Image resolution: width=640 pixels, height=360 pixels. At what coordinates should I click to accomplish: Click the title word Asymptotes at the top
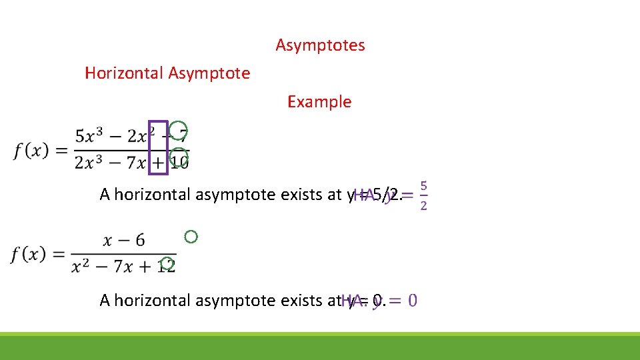coord(320,45)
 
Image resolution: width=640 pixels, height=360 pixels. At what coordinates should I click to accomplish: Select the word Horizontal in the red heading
coord(125,73)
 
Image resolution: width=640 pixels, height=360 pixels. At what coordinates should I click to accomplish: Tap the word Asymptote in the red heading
coord(209,73)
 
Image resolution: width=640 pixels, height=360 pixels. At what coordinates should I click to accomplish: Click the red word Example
coord(319,102)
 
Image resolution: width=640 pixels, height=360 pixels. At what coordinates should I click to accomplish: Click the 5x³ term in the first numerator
coord(89,137)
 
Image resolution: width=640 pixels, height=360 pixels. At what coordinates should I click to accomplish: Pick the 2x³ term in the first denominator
coord(89,163)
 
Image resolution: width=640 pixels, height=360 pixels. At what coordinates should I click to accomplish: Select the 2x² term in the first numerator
coord(141,137)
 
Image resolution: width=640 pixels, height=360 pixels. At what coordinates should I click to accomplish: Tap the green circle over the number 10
coord(178,158)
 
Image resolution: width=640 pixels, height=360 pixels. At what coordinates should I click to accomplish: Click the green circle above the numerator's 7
coord(178,129)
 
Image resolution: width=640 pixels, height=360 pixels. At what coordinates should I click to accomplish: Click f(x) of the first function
coord(31,151)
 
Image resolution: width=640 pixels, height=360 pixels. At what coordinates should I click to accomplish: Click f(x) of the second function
coord(31,255)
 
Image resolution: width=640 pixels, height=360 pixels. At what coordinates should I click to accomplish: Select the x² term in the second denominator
coord(81,266)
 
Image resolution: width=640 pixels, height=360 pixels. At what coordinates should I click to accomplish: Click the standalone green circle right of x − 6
coord(191,236)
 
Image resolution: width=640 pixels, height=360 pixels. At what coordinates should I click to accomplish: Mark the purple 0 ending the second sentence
coord(413,301)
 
